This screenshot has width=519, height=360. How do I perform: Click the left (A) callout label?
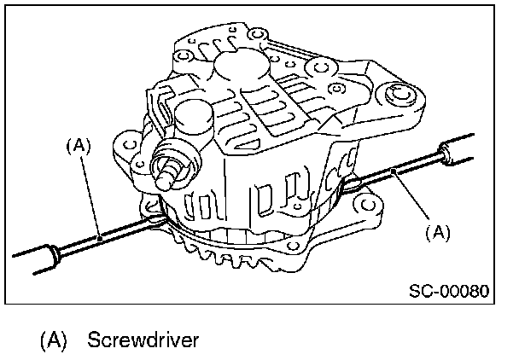pyautogui.click(x=78, y=146)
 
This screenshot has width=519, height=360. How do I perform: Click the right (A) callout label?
pyautogui.click(x=437, y=230)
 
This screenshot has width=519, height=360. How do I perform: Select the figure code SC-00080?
pyautogui.click(x=448, y=290)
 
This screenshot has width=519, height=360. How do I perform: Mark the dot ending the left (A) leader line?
pyautogui.click(x=100, y=240)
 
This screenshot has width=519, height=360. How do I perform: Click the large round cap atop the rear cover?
pyautogui.click(x=231, y=65)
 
